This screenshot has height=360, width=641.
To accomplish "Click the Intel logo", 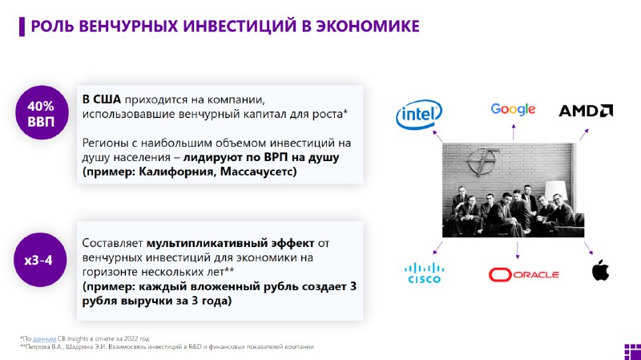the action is [419, 114].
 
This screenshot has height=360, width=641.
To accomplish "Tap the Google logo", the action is [513, 110].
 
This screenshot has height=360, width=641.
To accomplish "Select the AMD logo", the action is [586, 111].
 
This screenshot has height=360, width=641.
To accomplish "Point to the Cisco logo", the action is [424, 273].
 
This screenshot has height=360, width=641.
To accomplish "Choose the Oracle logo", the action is [524, 274].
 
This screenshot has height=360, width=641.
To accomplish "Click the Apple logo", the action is [600, 270].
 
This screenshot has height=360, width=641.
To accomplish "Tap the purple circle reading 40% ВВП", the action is [42, 113].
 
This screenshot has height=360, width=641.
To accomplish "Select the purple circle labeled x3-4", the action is [39, 260].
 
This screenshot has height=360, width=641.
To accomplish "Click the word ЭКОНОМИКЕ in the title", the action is [368, 26].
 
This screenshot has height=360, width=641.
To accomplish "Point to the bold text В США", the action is [102, 99].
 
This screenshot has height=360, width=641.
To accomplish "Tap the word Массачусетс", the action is [258, 171].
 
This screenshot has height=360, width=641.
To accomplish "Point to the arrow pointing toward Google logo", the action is [514, 132].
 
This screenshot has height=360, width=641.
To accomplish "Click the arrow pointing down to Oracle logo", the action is [518, 250].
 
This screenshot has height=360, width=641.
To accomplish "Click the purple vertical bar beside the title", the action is [22, 26].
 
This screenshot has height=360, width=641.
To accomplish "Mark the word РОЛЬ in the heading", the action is [52, 26].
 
